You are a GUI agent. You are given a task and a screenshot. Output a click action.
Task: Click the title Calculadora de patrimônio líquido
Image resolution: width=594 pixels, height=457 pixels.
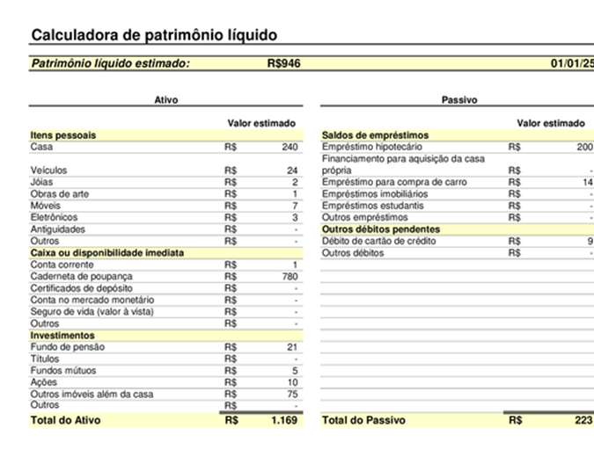click(154, 35)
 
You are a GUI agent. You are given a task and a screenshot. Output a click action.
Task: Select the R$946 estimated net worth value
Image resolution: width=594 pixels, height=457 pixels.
click(283, 63)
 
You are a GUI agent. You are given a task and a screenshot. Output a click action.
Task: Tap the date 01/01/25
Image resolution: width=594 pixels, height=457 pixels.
click(572, 63)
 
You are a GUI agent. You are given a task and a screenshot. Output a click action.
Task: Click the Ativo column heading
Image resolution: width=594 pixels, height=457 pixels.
click(165, 100)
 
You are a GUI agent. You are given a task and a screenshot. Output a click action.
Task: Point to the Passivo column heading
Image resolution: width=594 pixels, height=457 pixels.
click(458, 100)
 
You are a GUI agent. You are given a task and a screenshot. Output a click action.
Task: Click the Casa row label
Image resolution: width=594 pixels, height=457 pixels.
click(41, 147)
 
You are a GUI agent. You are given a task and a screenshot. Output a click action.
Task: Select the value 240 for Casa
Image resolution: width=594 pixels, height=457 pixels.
click(290, 147)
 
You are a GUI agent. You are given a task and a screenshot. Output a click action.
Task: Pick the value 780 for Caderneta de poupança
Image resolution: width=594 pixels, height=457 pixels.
click(289, 276)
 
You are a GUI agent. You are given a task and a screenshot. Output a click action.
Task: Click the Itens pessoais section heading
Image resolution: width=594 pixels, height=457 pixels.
click(63, 135)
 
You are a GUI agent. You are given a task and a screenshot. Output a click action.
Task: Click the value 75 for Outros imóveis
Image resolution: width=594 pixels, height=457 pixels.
click(292, 395)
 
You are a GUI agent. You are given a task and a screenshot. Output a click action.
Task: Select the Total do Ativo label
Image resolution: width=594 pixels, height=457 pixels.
click(65, 420)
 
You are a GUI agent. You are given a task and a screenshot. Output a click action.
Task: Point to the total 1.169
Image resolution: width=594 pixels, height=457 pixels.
click(284, 420)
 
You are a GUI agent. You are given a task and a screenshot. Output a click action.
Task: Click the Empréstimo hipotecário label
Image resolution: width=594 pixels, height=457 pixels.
click(372, 147)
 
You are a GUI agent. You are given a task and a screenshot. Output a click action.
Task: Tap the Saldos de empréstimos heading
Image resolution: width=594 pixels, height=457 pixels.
click(375, 135)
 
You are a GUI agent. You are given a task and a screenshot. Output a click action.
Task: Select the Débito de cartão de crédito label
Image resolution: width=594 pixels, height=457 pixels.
click(380, 241)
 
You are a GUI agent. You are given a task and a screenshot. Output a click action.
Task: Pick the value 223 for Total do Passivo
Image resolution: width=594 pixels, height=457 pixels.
click(583, 420)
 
